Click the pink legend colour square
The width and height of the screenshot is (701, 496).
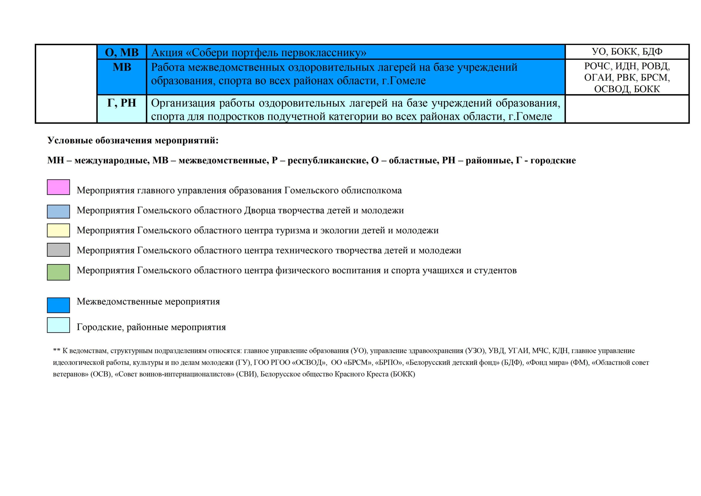pos(58,187)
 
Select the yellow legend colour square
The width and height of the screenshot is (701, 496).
pos(58,230)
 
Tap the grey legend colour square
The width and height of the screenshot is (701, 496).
pos(58,250)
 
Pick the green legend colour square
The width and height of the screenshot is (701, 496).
pos(58,272)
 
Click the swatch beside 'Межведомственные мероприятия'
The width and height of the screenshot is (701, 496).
pos(58,305)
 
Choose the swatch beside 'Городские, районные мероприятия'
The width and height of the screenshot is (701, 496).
pos(58,325)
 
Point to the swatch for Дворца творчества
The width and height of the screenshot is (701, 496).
pos(58,211)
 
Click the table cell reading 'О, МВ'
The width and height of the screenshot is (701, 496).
pos(122,52)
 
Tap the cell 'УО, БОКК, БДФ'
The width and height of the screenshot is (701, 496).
pos(627,51)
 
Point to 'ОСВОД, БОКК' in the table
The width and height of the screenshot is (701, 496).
pos(627,89)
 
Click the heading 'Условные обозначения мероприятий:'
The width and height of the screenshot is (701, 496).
pos(133,141)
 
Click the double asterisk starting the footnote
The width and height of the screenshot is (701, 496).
pos(56,351)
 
